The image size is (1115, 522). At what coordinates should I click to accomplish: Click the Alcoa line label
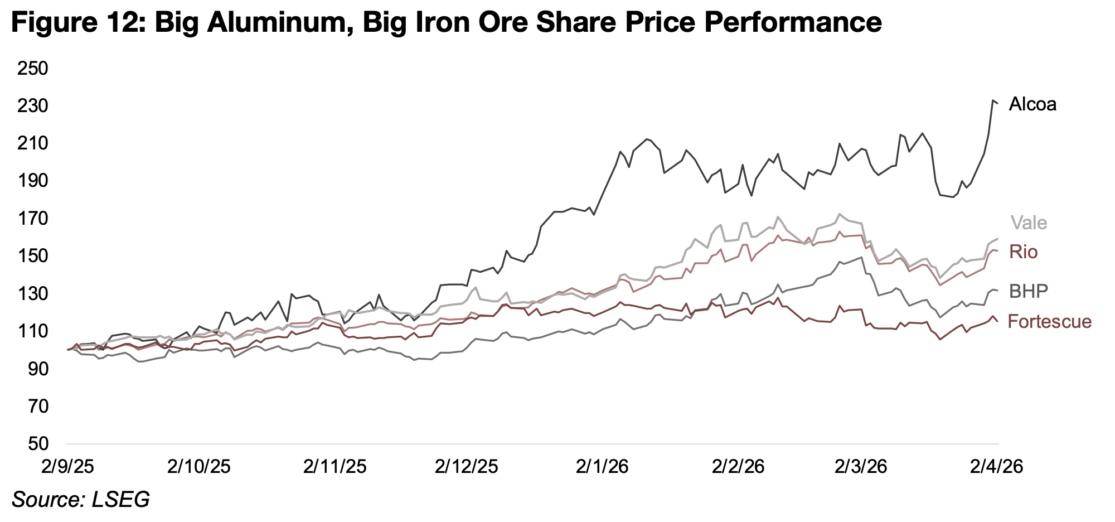point(1032,104)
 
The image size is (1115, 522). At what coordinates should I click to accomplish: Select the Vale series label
point(1029,223)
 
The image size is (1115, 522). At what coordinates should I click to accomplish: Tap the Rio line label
point(1024,253)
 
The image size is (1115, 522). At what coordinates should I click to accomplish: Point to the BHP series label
point(1029,291)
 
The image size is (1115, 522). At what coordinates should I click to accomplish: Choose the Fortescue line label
point(1050,321)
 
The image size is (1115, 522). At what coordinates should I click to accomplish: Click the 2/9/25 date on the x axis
point(66,466)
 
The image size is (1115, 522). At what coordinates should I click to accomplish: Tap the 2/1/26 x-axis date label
point(603,466)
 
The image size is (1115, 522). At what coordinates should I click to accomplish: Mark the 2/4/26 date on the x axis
point(997,466)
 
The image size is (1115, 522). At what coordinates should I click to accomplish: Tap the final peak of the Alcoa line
point(993,100)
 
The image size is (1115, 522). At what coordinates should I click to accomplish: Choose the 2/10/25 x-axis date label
point(199,466)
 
